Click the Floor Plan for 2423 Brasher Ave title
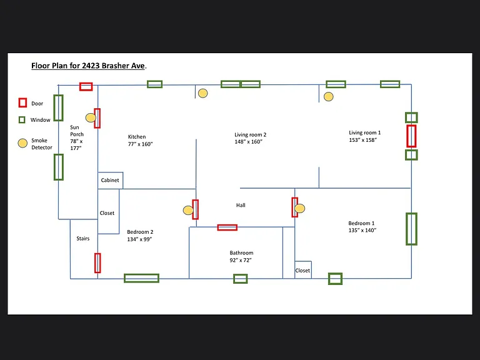89,66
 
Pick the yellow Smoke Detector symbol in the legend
22,143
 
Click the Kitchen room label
137,137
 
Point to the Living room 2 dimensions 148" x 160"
248,142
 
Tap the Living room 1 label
364,132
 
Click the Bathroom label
241,253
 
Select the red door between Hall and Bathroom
227,227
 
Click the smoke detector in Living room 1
329,97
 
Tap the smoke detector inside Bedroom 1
300,209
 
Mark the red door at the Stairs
97,263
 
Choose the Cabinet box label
110,180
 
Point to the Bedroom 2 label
140,232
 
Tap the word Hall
241,206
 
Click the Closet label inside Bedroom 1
302,271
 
